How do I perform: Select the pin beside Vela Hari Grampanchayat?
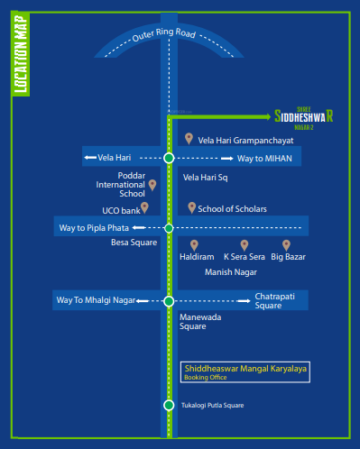tap(189, 138)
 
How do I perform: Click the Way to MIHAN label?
tap(263, 158)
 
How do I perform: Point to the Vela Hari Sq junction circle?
tap(169, 158)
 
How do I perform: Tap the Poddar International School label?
tap(120, 184)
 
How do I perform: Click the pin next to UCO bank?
tap(144, 207)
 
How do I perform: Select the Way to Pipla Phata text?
tap(95, 228)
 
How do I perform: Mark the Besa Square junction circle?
tap(169, 228)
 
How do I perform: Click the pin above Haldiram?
tap(194, 244)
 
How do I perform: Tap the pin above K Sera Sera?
tap(243, 244)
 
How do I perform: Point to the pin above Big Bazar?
tap(286, 244)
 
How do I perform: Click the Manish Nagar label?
tap(231, 270)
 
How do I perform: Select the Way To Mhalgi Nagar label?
tap(95, 300)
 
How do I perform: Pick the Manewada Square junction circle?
tap(169, 300)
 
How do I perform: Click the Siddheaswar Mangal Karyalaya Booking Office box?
tap(245, 372)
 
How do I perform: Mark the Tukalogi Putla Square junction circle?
tap(169, 405)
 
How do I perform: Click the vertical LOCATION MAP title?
tap(21, 55)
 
